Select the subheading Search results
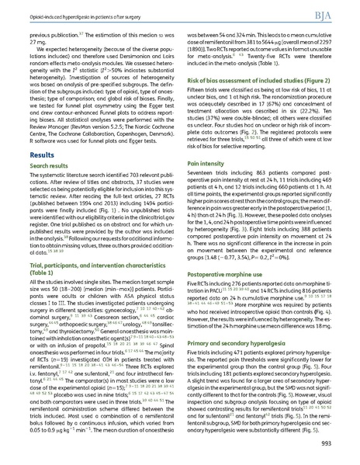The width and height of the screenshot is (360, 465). point(47,188)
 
